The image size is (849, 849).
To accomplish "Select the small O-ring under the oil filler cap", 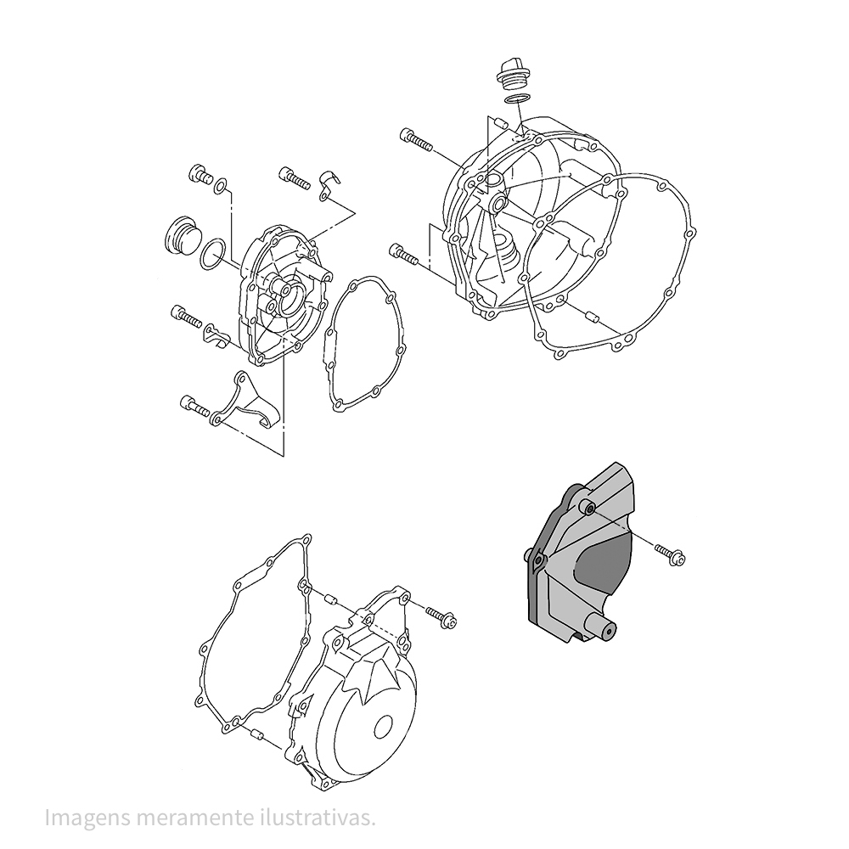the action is click(x=514, y=98).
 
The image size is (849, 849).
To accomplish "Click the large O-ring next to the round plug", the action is click(x=213, y=253).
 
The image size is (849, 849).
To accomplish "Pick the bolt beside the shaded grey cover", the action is click(x=670, y=555).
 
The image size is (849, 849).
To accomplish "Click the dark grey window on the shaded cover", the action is click(x=601, y=570).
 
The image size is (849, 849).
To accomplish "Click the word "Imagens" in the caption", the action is click(x=87, y=818).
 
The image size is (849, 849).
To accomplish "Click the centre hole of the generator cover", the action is click(x=385, y=726).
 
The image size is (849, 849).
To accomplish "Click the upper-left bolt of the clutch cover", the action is click(x=416, y=138).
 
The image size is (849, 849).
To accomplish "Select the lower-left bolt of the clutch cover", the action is click(x=404, y=254).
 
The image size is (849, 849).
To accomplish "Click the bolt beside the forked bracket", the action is click(x=194, y=406).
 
